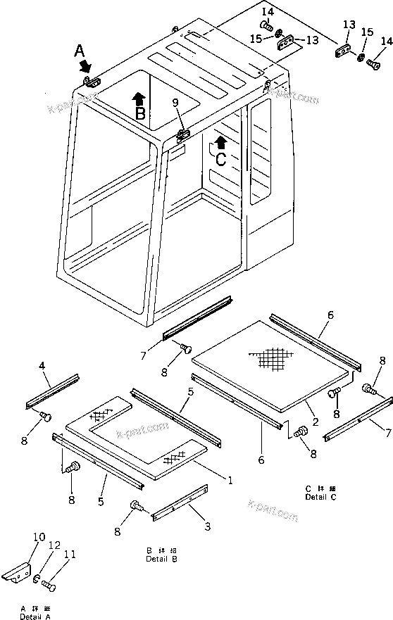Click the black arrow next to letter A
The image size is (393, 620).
click(x=86, y=65)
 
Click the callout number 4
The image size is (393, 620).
click(x=42, y=365)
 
